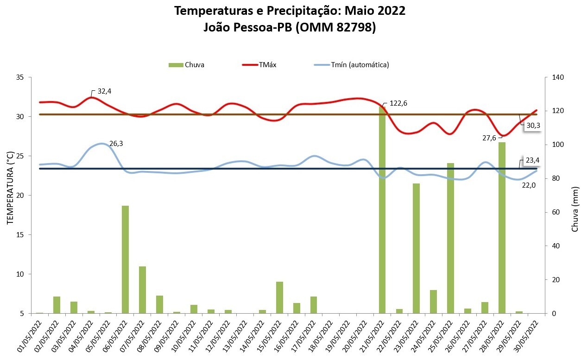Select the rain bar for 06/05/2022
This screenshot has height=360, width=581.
(125, 259)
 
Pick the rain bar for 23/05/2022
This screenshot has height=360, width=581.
(417, 248)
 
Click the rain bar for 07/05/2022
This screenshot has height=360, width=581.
(142, 290)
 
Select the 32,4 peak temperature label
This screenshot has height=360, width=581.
(104, 91)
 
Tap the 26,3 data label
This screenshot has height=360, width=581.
(116, 144)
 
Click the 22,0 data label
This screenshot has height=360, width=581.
(529, 185)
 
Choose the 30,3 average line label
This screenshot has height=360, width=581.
(533, 125)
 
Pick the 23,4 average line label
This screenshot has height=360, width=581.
(532, 161)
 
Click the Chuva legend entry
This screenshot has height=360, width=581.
(186, 65)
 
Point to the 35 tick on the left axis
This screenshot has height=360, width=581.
(20, 77)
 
